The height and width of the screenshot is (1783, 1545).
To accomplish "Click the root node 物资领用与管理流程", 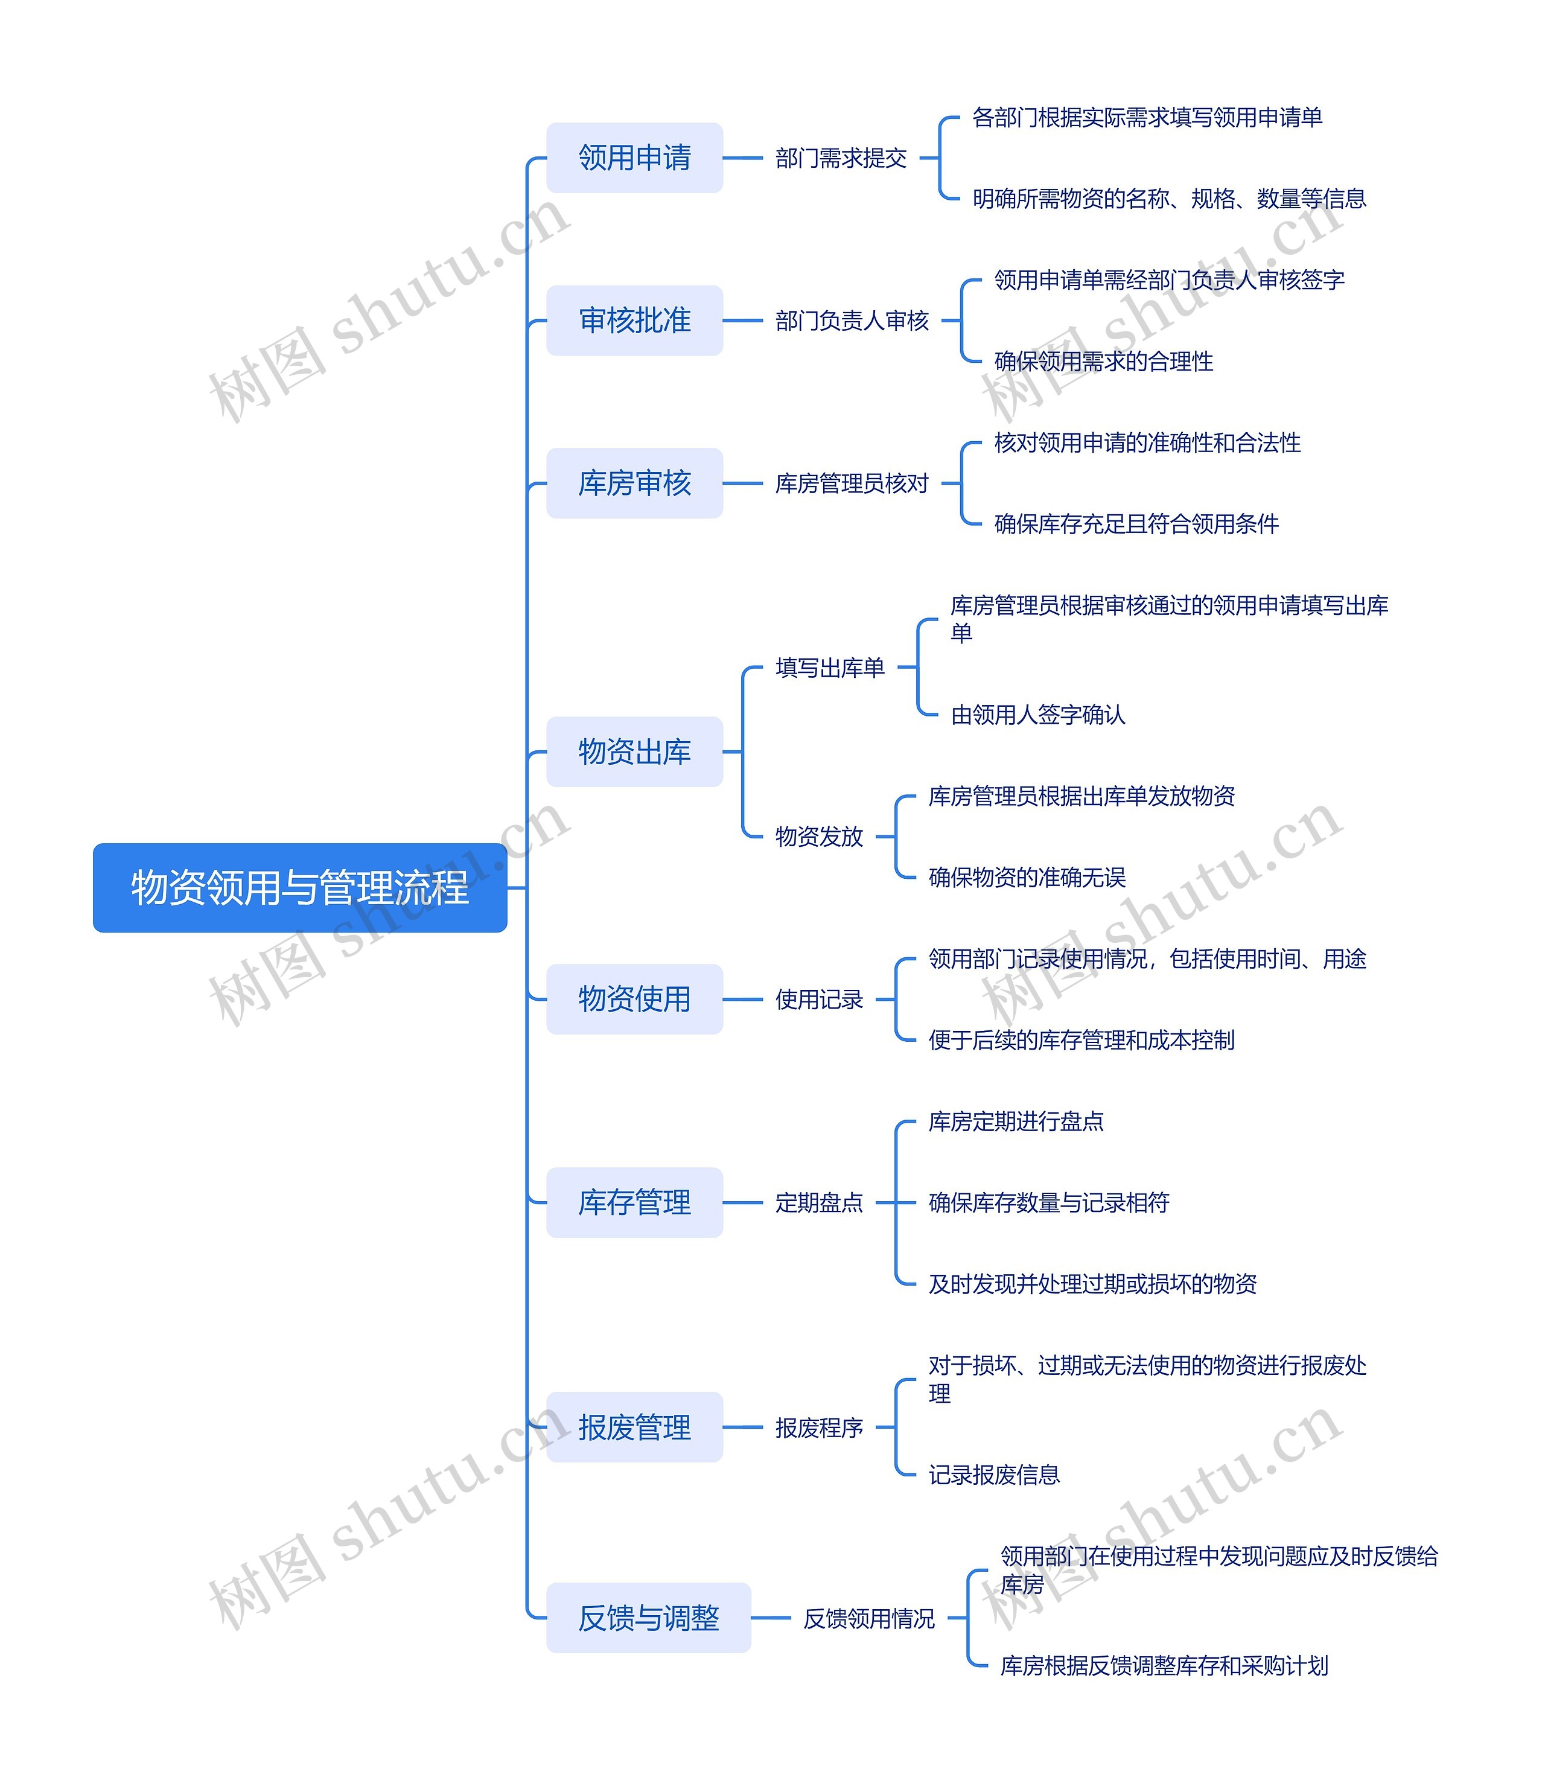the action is (299, 887).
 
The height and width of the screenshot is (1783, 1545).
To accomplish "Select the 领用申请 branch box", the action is (634, 158).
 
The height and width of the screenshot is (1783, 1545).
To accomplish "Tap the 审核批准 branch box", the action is (634, 321).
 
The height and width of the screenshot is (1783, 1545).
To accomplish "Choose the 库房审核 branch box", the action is (634, 483).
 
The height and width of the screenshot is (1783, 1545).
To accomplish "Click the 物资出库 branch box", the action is (634, 752).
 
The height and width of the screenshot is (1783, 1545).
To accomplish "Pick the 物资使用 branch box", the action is (634, 1000).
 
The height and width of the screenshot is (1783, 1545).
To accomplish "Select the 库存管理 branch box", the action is (634, 1203).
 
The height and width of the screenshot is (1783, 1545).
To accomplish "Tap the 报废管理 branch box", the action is (634, 1427).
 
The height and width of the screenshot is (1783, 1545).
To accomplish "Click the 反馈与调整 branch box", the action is (648, 1618).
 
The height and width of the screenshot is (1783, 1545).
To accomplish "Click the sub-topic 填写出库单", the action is (829, 668).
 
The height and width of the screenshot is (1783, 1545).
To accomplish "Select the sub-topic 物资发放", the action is (819, 837).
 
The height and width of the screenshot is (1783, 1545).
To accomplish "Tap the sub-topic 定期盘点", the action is (819, 1203).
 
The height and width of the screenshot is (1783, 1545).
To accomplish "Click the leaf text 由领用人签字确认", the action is (1037, 715).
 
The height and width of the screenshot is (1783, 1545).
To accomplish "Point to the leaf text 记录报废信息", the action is (993, 1475).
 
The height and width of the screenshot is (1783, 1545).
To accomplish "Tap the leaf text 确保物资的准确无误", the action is (1027, 878).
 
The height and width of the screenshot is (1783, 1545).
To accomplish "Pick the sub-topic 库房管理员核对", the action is (852, 483).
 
